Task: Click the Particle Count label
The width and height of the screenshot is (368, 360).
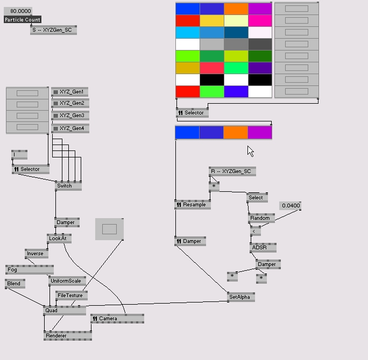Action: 23,20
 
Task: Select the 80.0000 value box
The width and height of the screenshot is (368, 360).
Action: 18,11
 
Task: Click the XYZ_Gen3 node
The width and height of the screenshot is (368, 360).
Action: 70,116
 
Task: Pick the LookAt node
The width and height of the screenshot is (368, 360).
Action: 59,239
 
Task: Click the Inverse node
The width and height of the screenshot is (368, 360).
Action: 36,254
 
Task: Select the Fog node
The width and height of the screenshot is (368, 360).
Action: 29,270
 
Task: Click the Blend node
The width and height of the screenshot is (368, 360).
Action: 15,284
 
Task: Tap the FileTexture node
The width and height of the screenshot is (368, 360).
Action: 71,296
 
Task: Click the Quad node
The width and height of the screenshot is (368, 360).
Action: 64,311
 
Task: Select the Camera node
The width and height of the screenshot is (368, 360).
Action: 117,319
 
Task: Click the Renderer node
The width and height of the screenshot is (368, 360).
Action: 67,336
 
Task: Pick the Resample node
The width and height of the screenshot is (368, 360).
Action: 193,205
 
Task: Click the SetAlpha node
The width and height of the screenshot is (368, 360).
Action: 240,297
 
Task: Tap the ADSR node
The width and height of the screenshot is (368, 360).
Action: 263,248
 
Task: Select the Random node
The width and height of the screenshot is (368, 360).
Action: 261,218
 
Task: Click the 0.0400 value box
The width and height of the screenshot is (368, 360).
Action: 291,206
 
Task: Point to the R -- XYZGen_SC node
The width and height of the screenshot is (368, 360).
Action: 232,171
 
